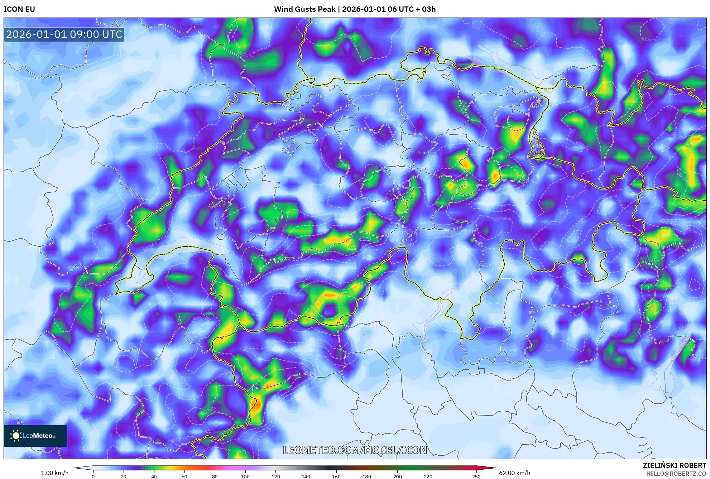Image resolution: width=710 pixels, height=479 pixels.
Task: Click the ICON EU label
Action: coord(19,9)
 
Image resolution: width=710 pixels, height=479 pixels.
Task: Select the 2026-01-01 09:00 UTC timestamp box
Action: coord(64,34)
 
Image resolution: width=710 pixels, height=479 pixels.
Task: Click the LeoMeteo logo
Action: coord(35,436)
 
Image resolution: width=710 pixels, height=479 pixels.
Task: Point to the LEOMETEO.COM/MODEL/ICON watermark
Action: coord(355,450)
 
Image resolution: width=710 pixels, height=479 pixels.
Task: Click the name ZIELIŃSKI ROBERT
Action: coord(674,465)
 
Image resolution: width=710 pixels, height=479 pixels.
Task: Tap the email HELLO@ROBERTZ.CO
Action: coord(676,474)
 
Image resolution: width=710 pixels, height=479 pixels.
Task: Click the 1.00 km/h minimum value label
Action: coord(54,473)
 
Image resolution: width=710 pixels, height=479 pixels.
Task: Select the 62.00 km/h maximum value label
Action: coord(514,473)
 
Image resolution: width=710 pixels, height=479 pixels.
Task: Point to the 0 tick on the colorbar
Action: coord(93,476)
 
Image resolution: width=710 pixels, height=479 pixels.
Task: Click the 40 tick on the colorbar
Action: coord(154,476)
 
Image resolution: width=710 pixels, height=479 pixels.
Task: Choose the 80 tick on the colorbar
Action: coord(215,476)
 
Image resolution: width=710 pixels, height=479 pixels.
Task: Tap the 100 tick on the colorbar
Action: coord(245,476)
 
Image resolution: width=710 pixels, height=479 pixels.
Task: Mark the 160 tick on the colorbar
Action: coord(336,476)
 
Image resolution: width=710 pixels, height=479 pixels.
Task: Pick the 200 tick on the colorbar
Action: coord(397,476)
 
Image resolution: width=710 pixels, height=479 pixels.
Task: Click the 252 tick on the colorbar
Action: coord(476,476)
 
